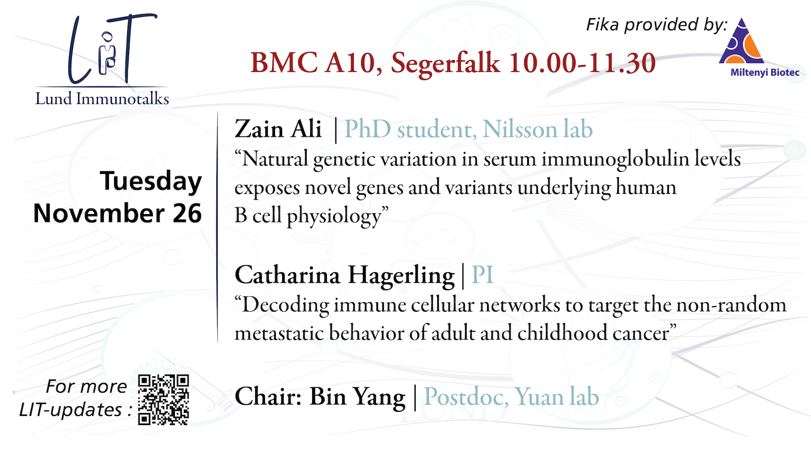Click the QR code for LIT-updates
coord(163,399)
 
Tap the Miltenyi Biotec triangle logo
coord(742,41)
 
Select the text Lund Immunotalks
coord(102,98)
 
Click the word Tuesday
coord(151,182)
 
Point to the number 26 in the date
coord(187,213)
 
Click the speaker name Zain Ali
coord(278,129)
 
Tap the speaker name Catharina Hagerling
coord(345,276)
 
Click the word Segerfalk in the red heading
coord(445,63)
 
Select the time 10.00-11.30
coord(582,63)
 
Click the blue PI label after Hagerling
coord(482,275)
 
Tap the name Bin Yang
coord(357,397)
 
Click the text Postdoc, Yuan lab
coord(512,397)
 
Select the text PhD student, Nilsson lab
coord(469,129)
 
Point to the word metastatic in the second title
coord(279,333)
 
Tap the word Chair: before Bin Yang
coord(268,397)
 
